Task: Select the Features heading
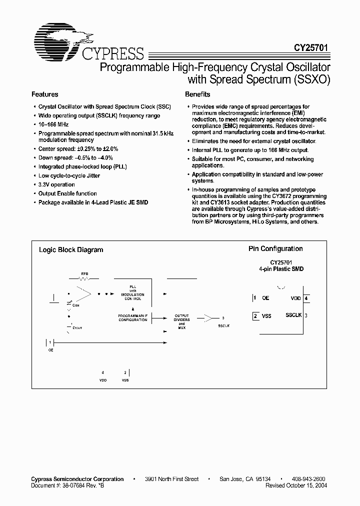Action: click(45, 94)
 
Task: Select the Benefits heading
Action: click(197, 94)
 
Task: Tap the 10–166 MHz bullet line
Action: click(53, 124)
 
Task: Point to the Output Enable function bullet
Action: click(67, 193)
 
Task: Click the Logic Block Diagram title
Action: click(71, 250)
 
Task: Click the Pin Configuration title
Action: click(275, 248)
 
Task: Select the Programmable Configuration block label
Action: click(132, 317)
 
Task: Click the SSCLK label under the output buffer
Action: click(224, 325)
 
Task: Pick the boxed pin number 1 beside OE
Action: click(255, 297)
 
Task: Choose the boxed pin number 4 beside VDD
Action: click(306, 298)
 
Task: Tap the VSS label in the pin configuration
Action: click(266, 316)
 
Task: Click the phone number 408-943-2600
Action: click(308, 479)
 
